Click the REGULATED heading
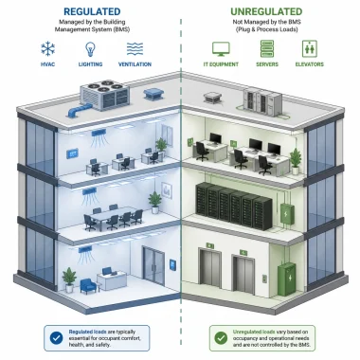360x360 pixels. (x=92, y=11)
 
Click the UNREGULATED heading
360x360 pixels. (x=266, y=11)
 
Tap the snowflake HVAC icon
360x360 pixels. (x=48, y=48)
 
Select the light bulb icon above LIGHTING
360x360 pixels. (x=90, y=49)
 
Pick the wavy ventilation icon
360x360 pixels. (x=135, y=49)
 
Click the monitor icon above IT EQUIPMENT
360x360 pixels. (x=221, y=49)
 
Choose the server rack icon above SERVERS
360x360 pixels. (x=267, y=48)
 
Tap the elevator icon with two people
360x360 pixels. (x=310, y=48)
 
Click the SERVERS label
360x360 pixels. (x=267, y=64)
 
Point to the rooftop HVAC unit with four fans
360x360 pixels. (x=104, y=95)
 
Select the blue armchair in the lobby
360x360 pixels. (x=88, y=286)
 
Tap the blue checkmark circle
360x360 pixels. (x=56, y=338)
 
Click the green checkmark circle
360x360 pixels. (x=221, y=338)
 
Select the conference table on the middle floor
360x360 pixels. (x=113, y=216)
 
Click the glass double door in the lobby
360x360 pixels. (x=153, y=265)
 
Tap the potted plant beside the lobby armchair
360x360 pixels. (x=69, y=279)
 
